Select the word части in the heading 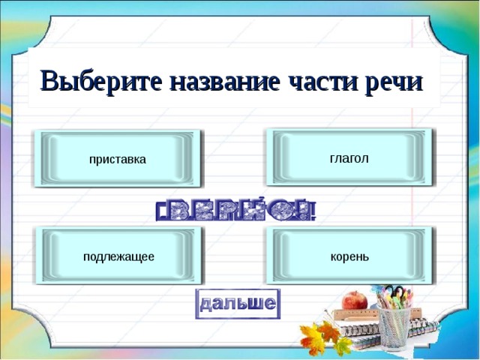(x=316, y=80)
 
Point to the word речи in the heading (x=392, y=80)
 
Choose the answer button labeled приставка (x=118, y=159)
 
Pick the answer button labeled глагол (x=349, y=157)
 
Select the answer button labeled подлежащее (x=118, y=256)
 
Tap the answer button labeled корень (x=349, y=256)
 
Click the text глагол (x=349, y=157)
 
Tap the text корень (x=349, y=256)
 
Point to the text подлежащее (x=118, y=256)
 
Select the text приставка (x=118, y=159)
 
